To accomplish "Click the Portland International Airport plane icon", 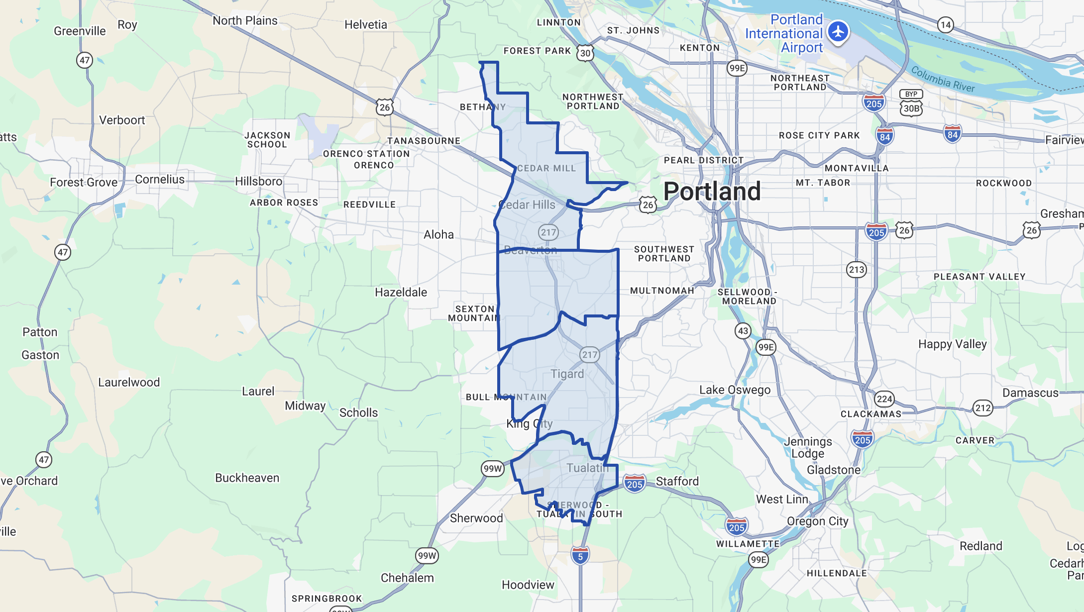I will point(839,31).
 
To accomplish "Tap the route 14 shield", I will point(945,25).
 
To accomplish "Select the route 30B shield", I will point(911,108).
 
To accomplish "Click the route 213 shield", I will point(857,270).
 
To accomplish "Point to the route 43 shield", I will point(743,331).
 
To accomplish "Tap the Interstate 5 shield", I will point(580,555).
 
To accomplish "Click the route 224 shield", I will point(884,399).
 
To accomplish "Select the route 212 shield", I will point(983,408).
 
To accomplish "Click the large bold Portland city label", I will point(712,192).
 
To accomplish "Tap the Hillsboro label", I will point(259,182).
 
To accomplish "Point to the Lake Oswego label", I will point(735,390).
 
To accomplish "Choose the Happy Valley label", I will point(952,344).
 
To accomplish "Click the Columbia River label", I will point(943,80).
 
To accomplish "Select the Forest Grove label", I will point(84,182).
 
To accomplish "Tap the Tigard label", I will point(567,374).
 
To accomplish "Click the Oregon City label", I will point(817,521).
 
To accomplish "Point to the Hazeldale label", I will point(401,292).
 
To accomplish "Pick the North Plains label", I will point(245,20).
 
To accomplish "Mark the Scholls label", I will point(358,412).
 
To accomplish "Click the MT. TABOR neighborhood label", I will point(823,183).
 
